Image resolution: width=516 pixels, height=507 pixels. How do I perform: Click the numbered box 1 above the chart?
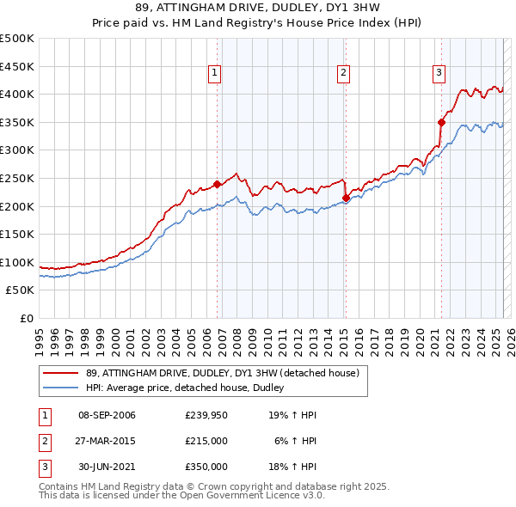click(x=213, y=74)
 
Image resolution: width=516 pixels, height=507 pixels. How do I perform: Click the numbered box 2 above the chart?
click(x=343, y=74)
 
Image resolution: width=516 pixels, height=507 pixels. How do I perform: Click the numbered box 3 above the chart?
click(x=439, y=74)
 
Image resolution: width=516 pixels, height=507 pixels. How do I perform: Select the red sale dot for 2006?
click(x=217, y=184)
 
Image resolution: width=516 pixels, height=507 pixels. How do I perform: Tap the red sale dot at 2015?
click(x=346, y=198)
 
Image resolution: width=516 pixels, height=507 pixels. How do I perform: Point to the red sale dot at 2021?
click(x=441, y=121)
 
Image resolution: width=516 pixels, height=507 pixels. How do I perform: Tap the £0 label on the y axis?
click(x=27, y=318)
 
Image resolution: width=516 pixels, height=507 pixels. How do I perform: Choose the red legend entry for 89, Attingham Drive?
click(x=227, y=373)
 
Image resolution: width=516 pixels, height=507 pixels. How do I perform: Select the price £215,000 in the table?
click(x=206, y=441)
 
